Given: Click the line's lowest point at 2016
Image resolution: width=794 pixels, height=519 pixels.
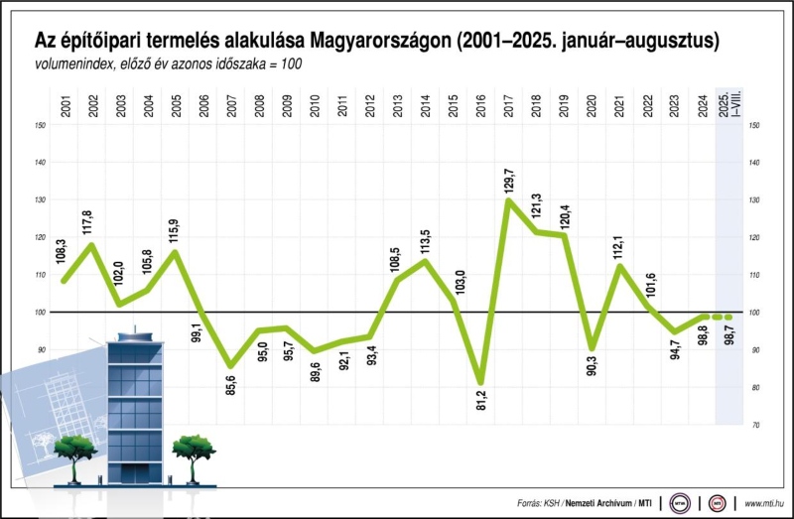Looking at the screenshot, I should (481, 382).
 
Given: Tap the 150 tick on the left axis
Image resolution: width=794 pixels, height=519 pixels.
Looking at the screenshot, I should (40, 125).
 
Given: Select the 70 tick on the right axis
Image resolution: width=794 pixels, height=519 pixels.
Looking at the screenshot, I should (754, 425).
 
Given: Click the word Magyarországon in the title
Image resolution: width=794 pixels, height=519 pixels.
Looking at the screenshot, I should (382, 42).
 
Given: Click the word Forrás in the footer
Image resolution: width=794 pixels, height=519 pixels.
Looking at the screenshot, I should (534, 503).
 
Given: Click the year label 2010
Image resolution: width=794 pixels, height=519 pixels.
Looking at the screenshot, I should (316, 107).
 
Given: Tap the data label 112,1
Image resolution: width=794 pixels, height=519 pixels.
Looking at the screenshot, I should (620, 243).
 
